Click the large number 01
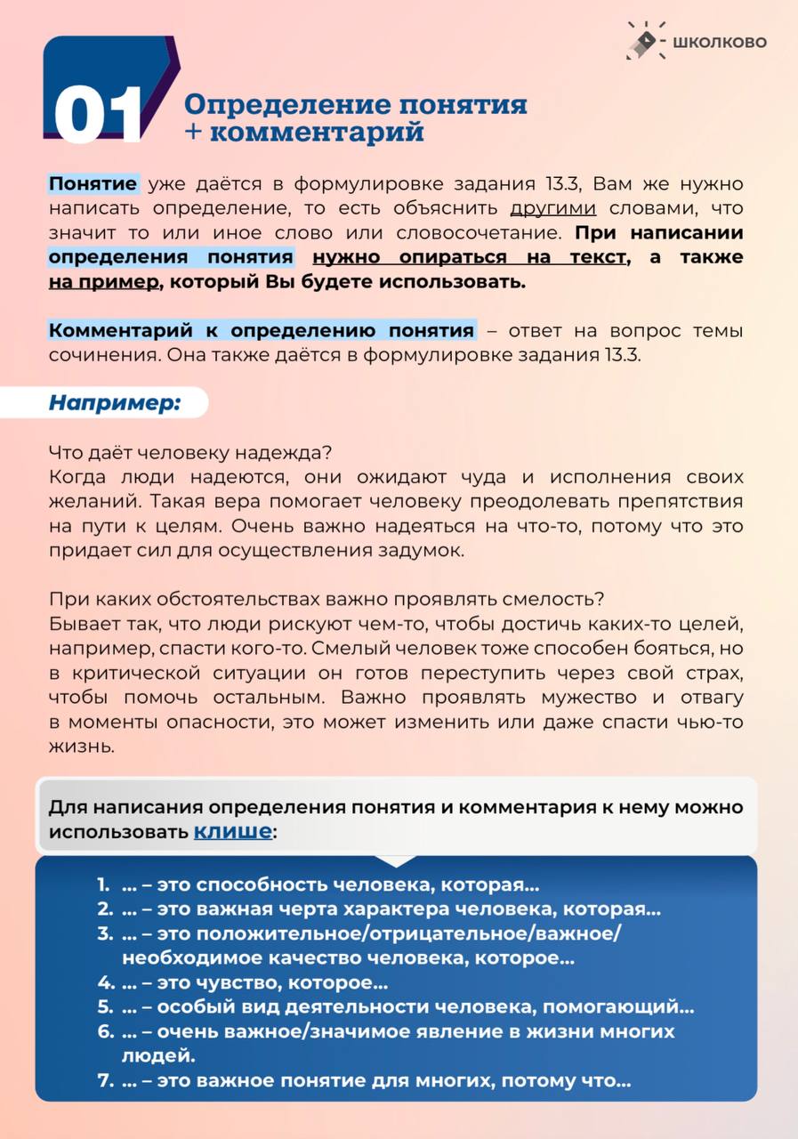coord(98,115)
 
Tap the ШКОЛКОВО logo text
coord(720,42)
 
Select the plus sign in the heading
coord(194,133)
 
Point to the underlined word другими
coord(552,209)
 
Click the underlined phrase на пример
coord(105,282)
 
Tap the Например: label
coord(114,402)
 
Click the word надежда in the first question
coord(279,452)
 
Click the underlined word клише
coord(233,832)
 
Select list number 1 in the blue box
coord(103,885)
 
